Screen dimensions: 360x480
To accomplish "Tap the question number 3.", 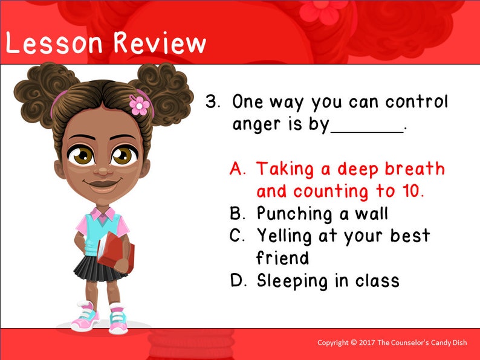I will click(x=212, y=101).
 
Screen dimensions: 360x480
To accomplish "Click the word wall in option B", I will click(x=372, y=214).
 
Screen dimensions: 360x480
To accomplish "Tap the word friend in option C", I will click(x=282, y=258).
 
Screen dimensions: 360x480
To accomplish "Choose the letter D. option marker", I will click(x=239, y=281).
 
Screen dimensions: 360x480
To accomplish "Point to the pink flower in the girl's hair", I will click(x=140, y=105).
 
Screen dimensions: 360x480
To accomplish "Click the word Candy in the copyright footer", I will click(x=444, y=343).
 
